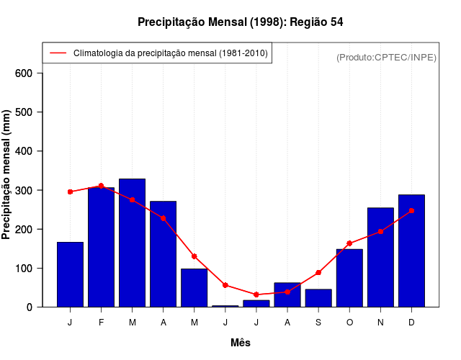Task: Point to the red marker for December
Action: pyautogui.click(x=411, y=210)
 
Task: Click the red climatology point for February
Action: pyautogui.click(x=101, y=186)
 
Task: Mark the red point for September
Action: pyautogui.click(x=318, y=273)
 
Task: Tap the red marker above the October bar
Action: pyautogui.click(x=349, y=243)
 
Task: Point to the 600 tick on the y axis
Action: pyautogui.click(x=24, y=73)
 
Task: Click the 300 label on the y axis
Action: pyautogui.click(x=24, y=190)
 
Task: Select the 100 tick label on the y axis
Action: pyautogui.click(x=24, y=268)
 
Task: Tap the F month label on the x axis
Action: pyautogui.click(x=101, y=323)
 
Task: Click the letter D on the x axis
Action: pyautogui.click(x=411, y=323)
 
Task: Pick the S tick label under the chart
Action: pyautogui.click(x=318, y=323)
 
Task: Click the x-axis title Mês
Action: pyautogui.click(x=241, y=343)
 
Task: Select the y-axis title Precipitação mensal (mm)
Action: pyautogui.click(x=7, y=175)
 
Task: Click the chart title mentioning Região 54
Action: pyautogui.click(x=241, y=22)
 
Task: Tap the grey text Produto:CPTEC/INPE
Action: pyautogui.click(x=387, y=57)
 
